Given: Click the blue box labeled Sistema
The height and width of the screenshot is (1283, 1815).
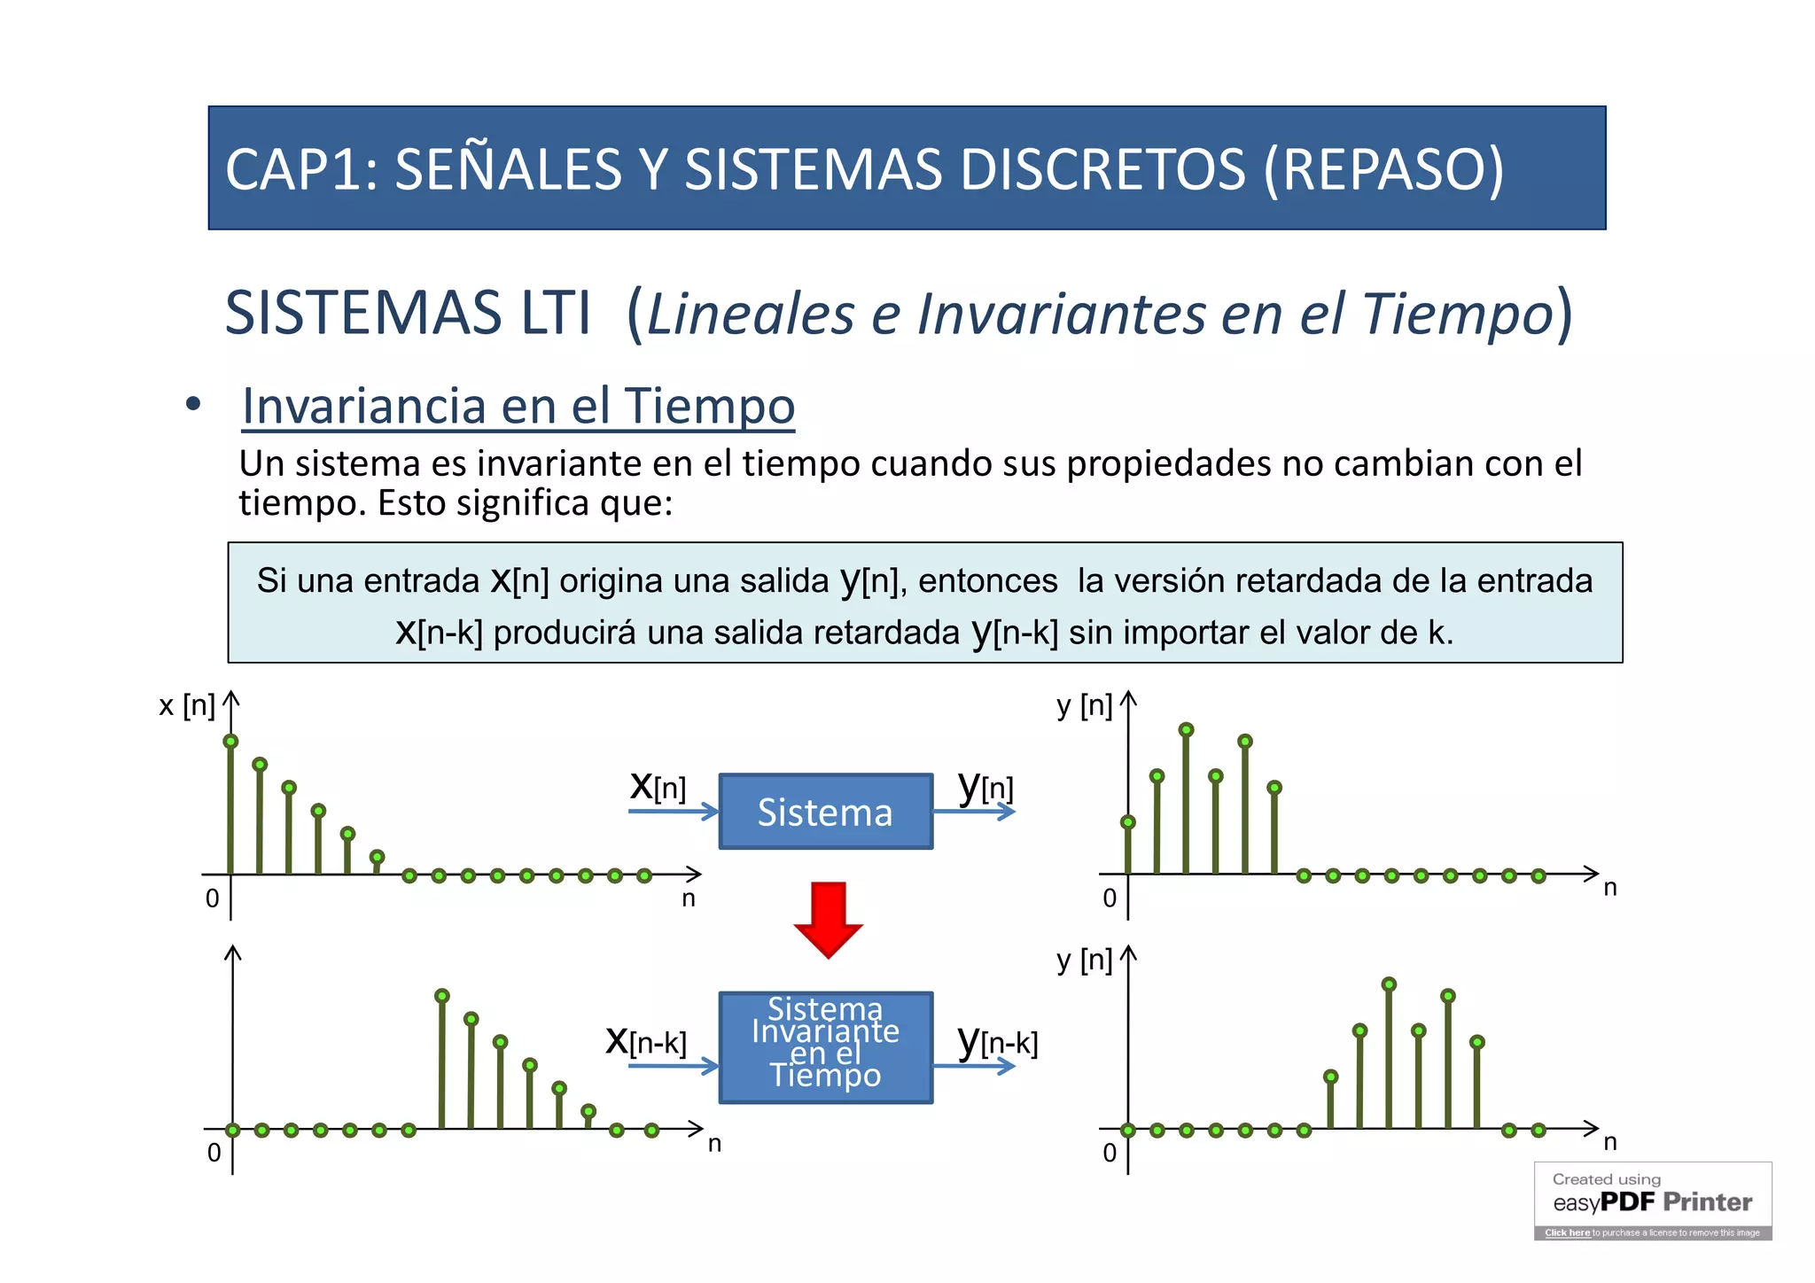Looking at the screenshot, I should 825,812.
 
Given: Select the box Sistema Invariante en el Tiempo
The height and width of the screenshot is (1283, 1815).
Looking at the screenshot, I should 825,1046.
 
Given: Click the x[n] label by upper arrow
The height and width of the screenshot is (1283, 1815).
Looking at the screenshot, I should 658,786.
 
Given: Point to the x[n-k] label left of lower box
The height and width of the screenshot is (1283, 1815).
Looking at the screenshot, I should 645,1041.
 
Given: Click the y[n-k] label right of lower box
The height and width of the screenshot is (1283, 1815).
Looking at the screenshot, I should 997,1041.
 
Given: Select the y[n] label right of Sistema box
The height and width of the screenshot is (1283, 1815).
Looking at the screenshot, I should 985,786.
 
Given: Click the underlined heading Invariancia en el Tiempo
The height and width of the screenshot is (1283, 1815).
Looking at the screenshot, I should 518,407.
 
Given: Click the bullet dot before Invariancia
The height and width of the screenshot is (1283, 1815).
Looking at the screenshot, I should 193,405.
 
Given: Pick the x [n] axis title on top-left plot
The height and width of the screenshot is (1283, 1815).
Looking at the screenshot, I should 186,706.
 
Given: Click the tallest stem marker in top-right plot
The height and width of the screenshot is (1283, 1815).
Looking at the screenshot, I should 1186,729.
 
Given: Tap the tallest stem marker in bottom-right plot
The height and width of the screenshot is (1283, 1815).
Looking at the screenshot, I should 1389,984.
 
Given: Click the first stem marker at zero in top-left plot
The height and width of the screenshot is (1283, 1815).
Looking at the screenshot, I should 230,742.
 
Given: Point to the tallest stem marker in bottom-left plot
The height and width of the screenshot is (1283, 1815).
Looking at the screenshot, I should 441,996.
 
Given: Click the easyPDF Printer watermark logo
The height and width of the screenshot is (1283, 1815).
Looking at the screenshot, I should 1652,1201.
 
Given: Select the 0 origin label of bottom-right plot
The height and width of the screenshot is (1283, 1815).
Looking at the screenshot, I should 1109,1153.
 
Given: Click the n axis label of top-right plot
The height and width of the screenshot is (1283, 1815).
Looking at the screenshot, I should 1609,888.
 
